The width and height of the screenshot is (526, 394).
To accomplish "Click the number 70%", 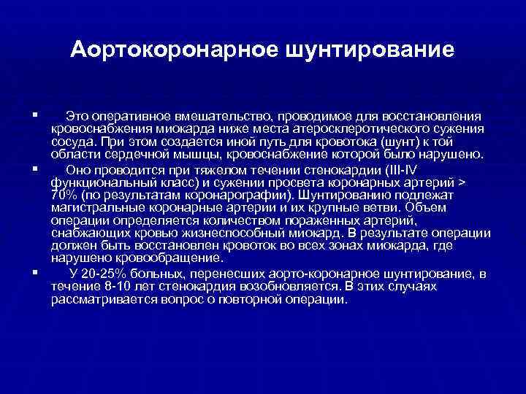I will pyautogui.click(x=64, y=196).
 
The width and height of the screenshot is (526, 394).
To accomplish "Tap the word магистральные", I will pyautogui.click(x=94, y=207).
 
